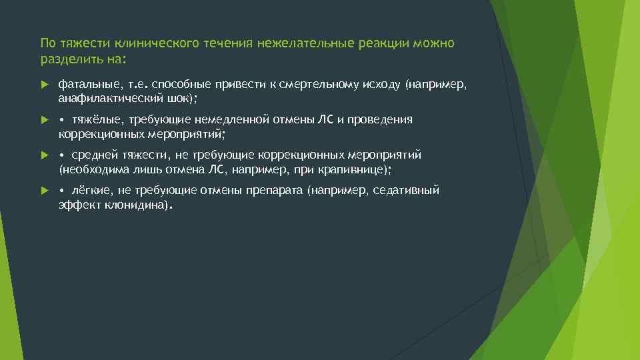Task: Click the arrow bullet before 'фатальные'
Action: [44, 85]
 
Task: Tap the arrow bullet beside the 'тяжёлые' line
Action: [44, 121]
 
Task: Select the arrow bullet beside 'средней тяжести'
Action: [44, 156]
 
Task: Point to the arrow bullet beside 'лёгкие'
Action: [44, 191]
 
